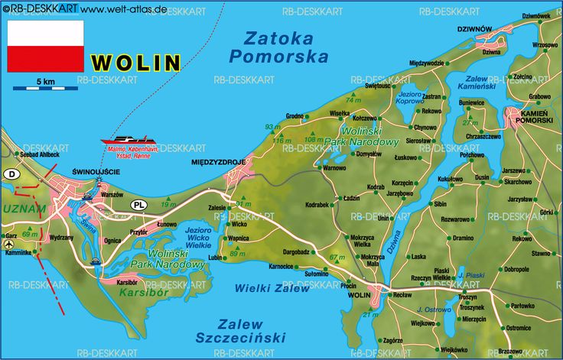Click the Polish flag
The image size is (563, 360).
(45, 46)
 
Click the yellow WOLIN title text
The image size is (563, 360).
(135, 63)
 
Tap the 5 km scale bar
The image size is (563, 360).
(45, 87)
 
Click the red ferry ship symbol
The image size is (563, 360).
(129, 141)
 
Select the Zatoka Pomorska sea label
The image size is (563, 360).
(279, 47)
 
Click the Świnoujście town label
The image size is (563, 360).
(95, 172)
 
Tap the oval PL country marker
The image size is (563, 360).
(138, 205)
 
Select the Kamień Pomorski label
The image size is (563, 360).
(535, 116)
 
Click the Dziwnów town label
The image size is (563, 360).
(474, 29)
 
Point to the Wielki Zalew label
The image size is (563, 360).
(273, 288)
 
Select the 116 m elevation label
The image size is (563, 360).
(282, 141)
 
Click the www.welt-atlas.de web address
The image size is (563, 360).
(123, 9)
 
